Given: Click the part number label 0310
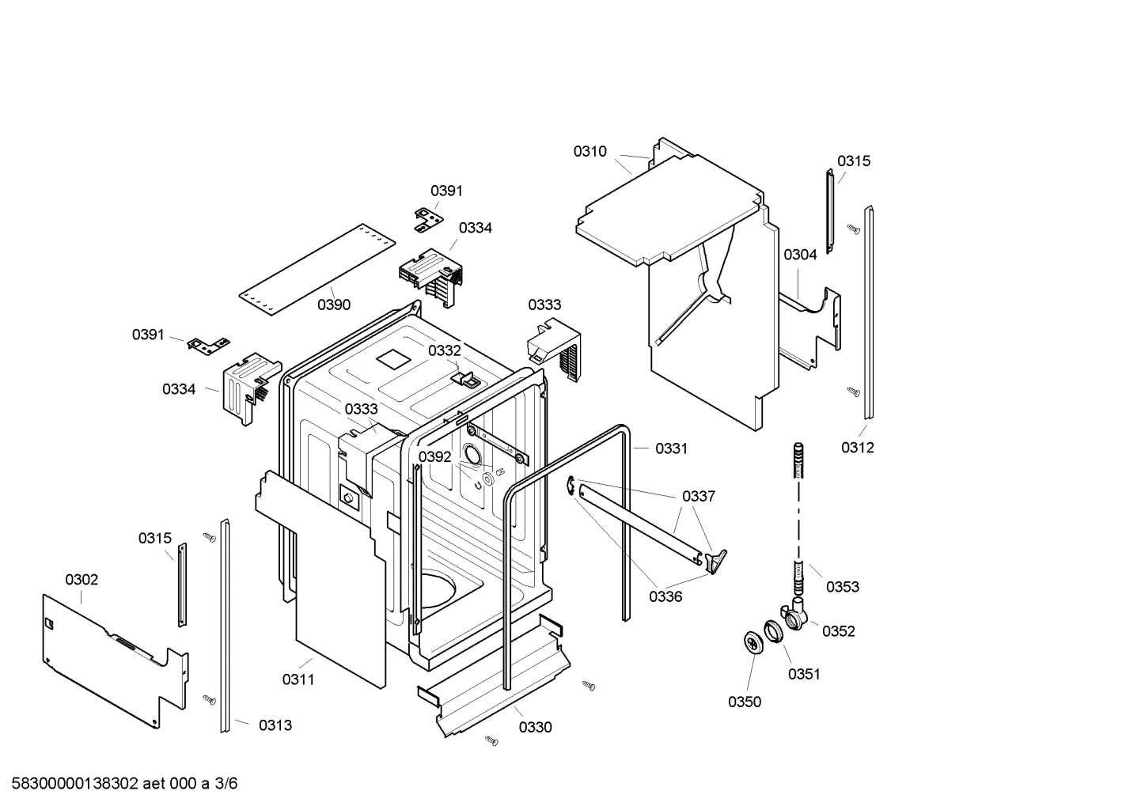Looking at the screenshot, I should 589,151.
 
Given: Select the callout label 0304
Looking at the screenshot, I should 800,254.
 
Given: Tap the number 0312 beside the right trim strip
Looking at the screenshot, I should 857,448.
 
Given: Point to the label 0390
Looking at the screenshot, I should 334,305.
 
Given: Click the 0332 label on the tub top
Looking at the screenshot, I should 444,350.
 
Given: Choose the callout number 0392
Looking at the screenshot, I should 434,456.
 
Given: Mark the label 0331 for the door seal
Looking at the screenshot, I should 671,448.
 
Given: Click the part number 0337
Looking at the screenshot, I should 698,496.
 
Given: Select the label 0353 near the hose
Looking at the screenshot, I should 842,586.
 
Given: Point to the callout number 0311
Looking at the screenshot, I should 298,679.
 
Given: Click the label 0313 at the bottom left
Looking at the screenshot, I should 275,725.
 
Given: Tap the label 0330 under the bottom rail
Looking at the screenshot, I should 535,727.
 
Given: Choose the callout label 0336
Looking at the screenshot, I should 665,596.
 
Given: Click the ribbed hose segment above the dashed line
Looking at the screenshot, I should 798,460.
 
